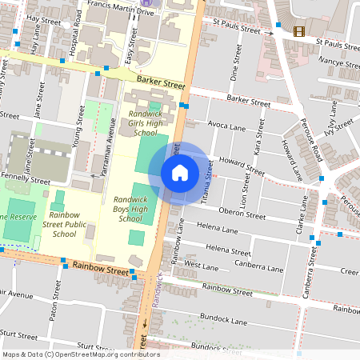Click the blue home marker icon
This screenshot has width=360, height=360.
(x=180, y=173)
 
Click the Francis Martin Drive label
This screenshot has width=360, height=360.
(x=125, y=13)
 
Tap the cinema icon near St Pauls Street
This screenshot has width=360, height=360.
(x=299, y=31)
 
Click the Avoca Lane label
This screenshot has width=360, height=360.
(x=226, y=126)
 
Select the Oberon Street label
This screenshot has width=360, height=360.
(x=242, y=214)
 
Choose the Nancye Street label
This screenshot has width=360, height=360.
(x=338, y=63)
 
